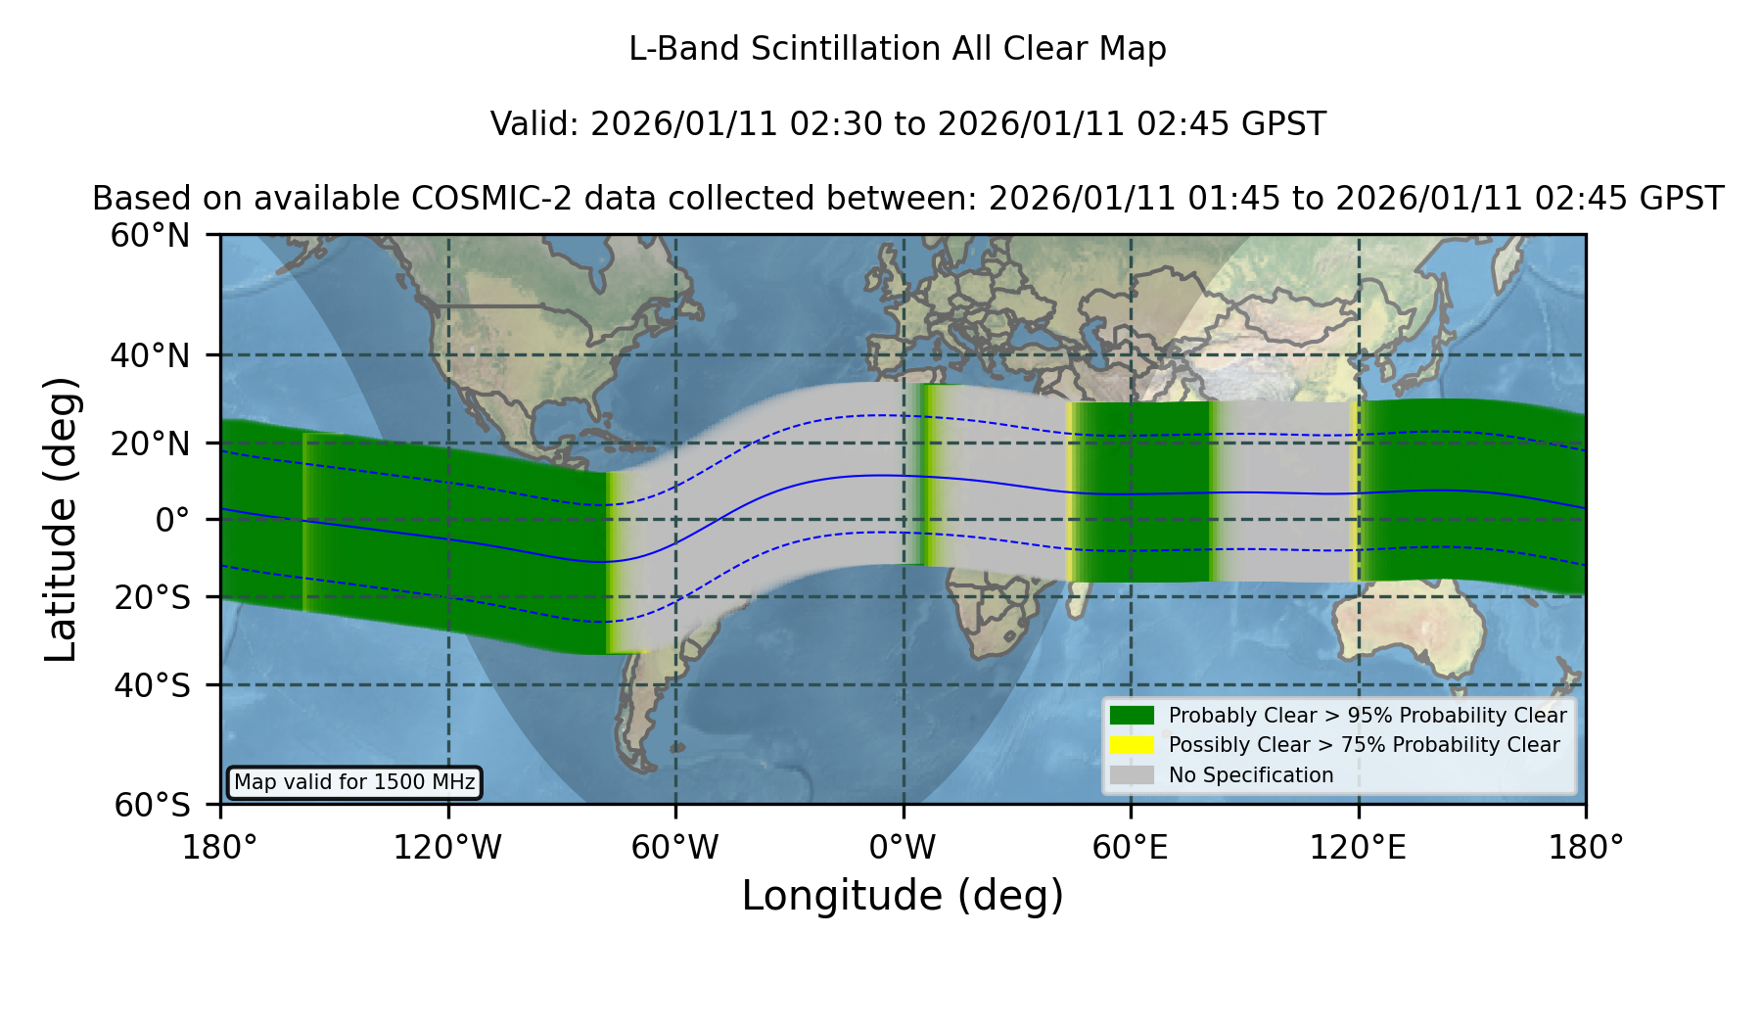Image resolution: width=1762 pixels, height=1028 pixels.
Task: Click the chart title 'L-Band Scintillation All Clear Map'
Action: pos(897,49)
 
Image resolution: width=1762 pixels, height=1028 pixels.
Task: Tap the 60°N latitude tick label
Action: pos(151,235)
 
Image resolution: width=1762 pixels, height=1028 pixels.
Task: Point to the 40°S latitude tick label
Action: pos(153,685)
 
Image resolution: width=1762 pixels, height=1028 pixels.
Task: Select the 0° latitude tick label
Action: pos(173,520)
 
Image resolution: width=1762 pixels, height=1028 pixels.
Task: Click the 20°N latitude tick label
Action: pos(151,444)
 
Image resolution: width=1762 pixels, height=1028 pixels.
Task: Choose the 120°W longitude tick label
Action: pos(447,847)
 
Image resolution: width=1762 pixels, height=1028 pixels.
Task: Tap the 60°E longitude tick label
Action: pos(1131,847)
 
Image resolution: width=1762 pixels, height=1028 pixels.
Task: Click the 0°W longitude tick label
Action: pos(903,847)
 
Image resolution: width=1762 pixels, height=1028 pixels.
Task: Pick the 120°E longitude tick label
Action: pos(1358,847)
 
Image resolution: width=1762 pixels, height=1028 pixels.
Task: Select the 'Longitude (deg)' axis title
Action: pos(903,896)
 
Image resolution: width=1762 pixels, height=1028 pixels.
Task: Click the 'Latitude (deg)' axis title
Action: pos(62,519)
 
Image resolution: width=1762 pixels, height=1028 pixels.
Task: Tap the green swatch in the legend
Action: pos(1132,716)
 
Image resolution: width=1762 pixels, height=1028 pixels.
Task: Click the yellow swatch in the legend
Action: pos(1132,745)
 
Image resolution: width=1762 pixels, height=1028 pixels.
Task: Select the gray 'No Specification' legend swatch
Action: pos(1132,775)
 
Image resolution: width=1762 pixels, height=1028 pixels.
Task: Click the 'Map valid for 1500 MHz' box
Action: pos(354,782)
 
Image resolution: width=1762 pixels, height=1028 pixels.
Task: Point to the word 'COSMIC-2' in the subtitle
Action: pos(479,199)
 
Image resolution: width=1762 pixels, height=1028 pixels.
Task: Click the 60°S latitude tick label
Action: pos(153,805)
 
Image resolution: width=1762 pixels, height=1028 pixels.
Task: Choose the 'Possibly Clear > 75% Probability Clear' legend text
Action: pos(1364,745)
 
